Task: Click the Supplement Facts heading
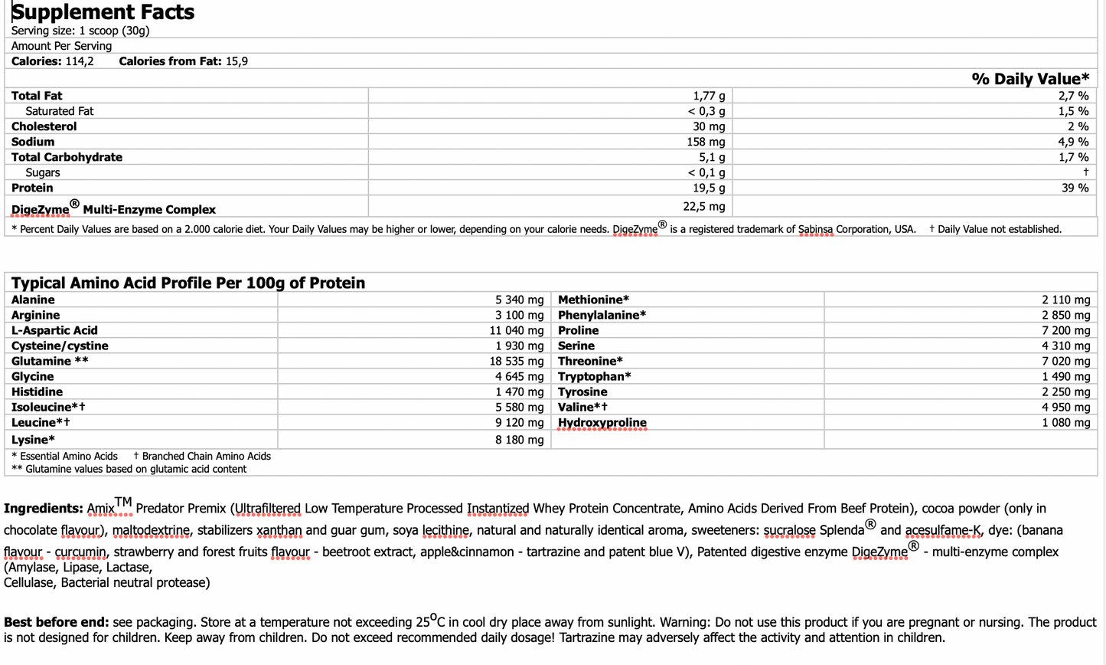click(x=103, y=12)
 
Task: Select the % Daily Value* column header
click(x=1030, y=79)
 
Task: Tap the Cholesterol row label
click(x=44, y=126)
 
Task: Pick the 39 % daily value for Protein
click(x=1075, y=188)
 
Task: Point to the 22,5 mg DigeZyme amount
click(x=703, y=207)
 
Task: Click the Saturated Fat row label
click(x=59, y=111)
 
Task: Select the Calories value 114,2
click(x=80, y=61)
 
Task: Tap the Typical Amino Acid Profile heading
click(x=188, y=283)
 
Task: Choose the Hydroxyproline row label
click(x=602, y=422)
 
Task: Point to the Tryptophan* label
click(x=594, y=376)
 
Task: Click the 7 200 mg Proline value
click(x=1065, y=330)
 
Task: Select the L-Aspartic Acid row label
click(x=54, y=330)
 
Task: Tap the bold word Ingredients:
click(x=43, y=508)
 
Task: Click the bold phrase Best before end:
click(x=57, y=622)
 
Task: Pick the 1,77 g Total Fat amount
click(x=709, y=96)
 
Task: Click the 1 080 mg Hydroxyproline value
click(x=1065, y=422)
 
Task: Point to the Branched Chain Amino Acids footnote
click(x=206, y=456)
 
